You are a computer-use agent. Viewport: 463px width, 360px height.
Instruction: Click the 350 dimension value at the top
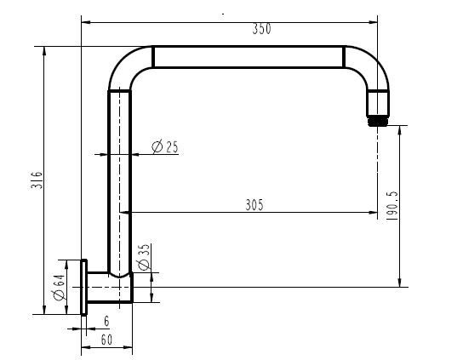click(x=261, y=29)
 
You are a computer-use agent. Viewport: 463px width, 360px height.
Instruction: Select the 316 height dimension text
click(x=37, y=180)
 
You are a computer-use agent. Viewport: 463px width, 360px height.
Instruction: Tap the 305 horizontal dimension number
click(x=254, y=205)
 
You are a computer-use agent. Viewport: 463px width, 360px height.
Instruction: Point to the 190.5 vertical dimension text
click(x=392, y=206)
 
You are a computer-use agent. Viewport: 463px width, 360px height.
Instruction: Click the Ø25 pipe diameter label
click(x=165, y=146)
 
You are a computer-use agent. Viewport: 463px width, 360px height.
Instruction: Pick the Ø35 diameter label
click(x=143, y=257)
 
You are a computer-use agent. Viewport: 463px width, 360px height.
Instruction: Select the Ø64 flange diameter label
click(x=59, y=288)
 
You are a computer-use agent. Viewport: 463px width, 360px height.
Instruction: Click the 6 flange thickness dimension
click(x=106, y=321)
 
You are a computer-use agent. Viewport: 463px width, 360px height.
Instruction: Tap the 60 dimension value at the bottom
click(x=106, y=340)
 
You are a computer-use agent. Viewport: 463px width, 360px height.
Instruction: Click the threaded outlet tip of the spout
click(x=378, y=121)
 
